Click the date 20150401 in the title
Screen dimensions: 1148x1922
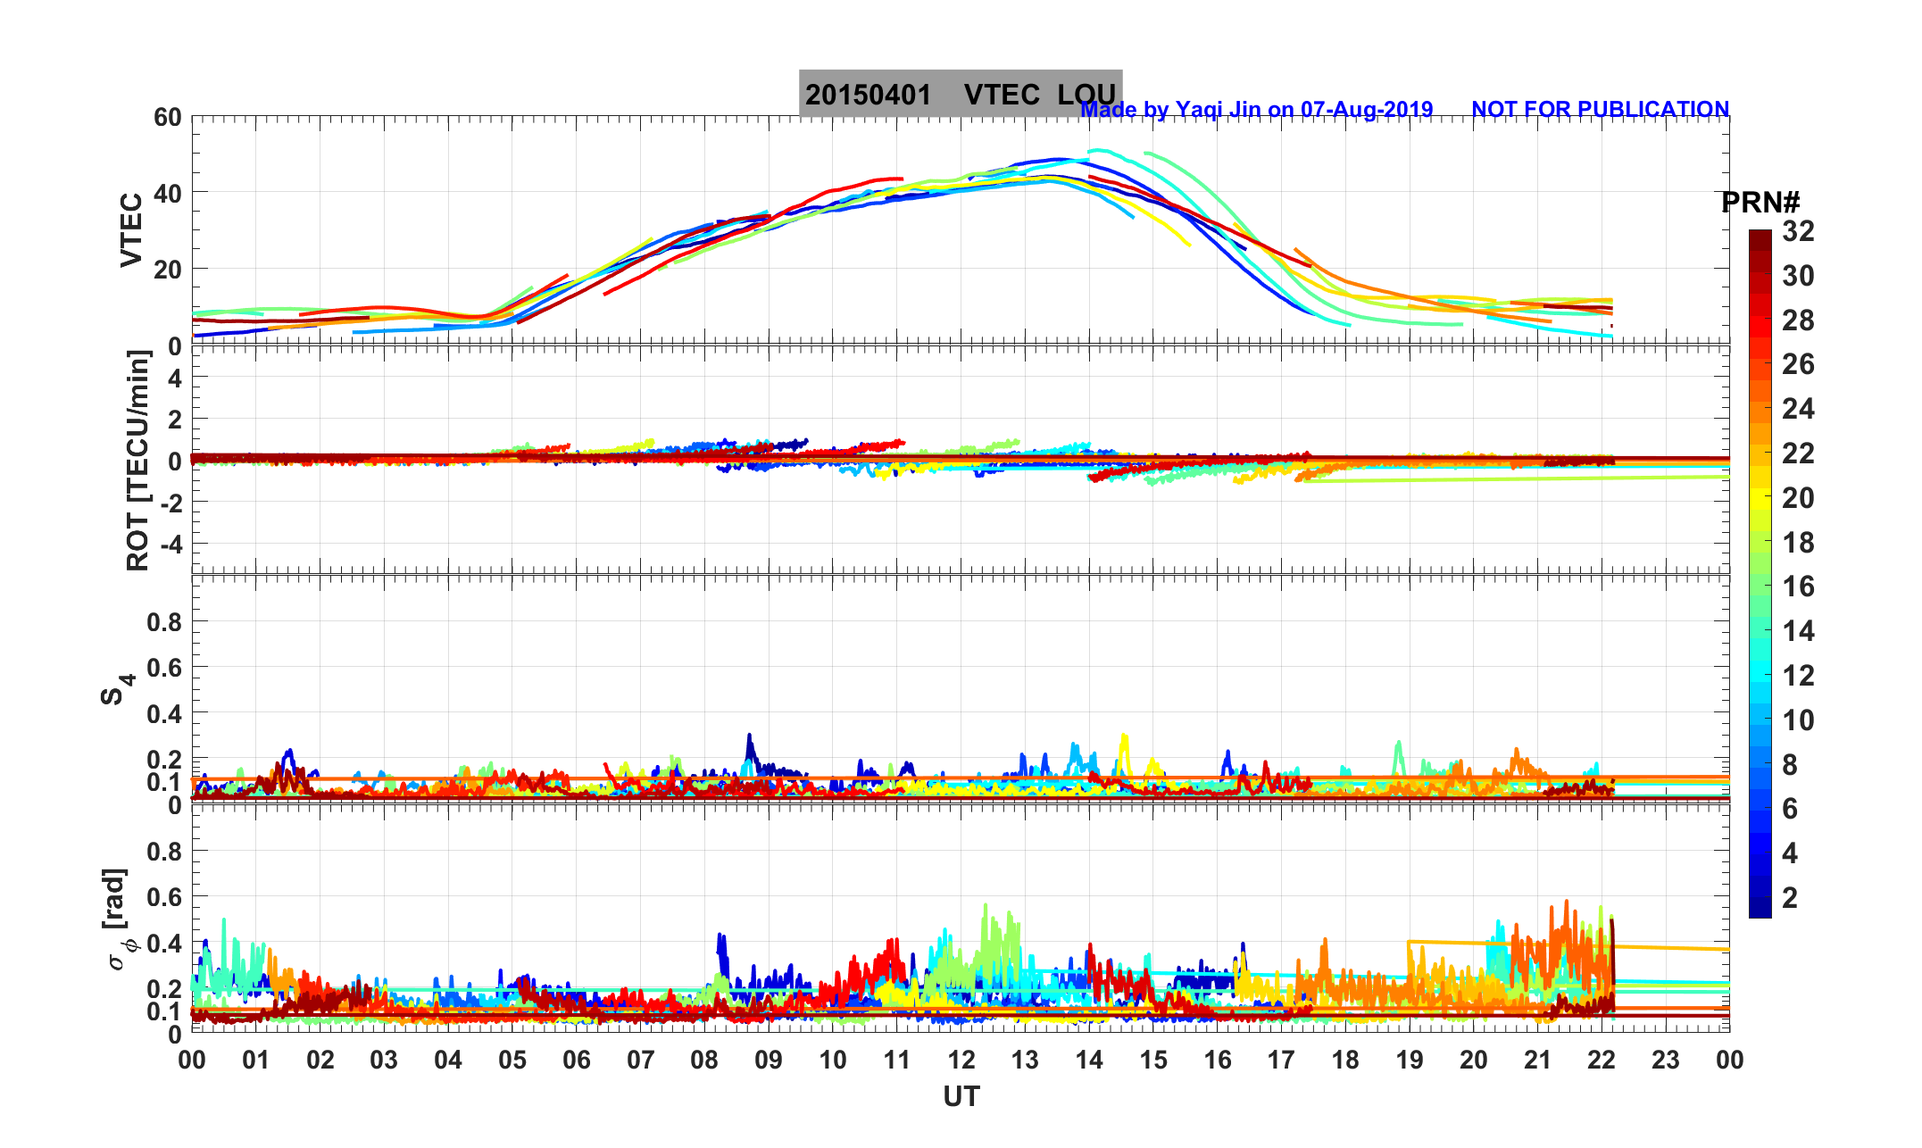(868, 95)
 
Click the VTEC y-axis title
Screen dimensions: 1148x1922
(131, 230)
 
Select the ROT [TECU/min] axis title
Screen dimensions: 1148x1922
(138, 461)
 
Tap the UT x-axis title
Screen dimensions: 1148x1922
(961, 1096)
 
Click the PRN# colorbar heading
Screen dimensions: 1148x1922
(1760, 203)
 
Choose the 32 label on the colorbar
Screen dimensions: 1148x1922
(1798, 231)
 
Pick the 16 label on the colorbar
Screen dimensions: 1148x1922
(1798, 586)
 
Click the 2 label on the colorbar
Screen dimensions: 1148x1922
(1789, 897)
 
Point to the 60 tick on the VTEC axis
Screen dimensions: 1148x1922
(167, 117)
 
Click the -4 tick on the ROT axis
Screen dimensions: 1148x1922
(170, 544)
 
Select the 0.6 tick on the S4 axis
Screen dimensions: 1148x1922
(164, 668)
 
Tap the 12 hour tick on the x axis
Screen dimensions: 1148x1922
(961, 1061)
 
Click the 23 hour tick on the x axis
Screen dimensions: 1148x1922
(1666, 1061)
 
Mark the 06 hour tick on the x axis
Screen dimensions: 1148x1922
(577, 1061)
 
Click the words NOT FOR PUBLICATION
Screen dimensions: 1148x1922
(1600, 110)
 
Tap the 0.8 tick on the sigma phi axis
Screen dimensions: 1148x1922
(164, 851)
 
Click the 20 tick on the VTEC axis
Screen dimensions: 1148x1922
(167, 269)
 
